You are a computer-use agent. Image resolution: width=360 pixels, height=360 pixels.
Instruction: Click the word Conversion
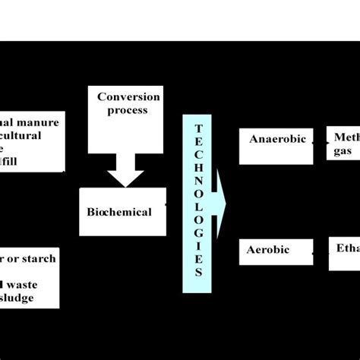point(128,96)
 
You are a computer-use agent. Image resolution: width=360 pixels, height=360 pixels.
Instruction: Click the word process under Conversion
point(128,110)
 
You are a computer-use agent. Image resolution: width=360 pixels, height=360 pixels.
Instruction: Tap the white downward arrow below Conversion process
point(125,174)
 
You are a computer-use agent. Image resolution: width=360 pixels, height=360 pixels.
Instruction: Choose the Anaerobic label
point(277,139)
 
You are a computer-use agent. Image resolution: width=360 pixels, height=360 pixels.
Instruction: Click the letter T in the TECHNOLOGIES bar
point(198,128)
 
